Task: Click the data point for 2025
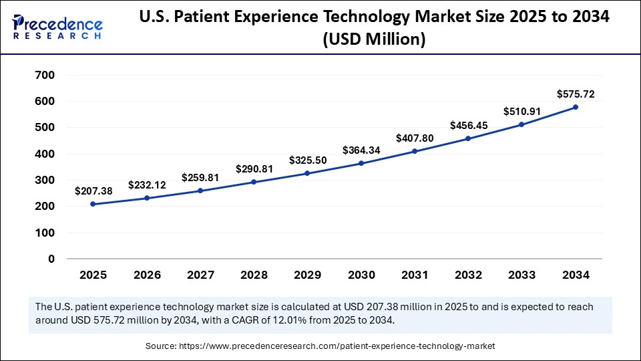pos(93,204)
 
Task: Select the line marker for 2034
pos(576,107)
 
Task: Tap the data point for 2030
pos(361,163)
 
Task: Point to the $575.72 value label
pos(576,94)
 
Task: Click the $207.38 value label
pos(93,191)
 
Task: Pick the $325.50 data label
pos(308,160)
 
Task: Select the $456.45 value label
pos(468,125)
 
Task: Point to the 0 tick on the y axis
pos(51,259)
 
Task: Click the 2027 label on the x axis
pos(200,275)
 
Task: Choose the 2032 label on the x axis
pos(468,275)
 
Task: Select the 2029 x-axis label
pos(308,275)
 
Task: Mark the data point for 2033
pos(522,124)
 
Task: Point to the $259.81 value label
pos(200,178)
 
